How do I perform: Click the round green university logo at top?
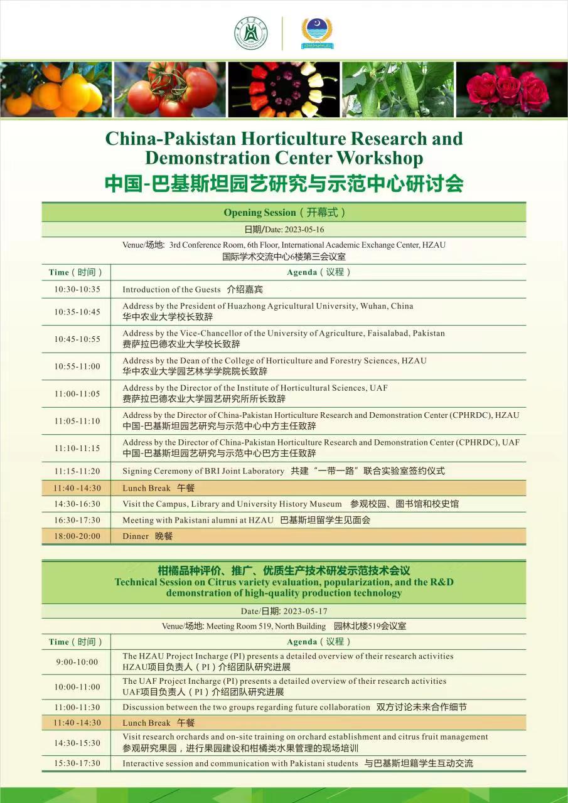pos(251,33)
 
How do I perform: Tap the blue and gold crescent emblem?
pos(317,33)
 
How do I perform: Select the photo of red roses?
pos(510,89)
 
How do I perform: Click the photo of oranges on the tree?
pos(56,89)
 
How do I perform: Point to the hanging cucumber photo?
pos(397,89)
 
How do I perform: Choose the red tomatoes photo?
pos(170,89)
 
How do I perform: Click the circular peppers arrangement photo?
pos(284,89)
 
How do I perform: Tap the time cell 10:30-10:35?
pos(77,290)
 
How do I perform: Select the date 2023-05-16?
pos(303,230)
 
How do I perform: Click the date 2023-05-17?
pos(305,611)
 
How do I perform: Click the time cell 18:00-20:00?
pos(77,536)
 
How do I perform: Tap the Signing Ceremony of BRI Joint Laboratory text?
pos(203,471)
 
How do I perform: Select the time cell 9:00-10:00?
pos(77,662)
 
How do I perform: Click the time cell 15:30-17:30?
pos(77,763)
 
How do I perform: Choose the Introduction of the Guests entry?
pos(172,290)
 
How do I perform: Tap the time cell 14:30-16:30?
pos(77,504)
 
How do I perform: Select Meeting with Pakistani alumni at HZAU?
pos(198,520)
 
